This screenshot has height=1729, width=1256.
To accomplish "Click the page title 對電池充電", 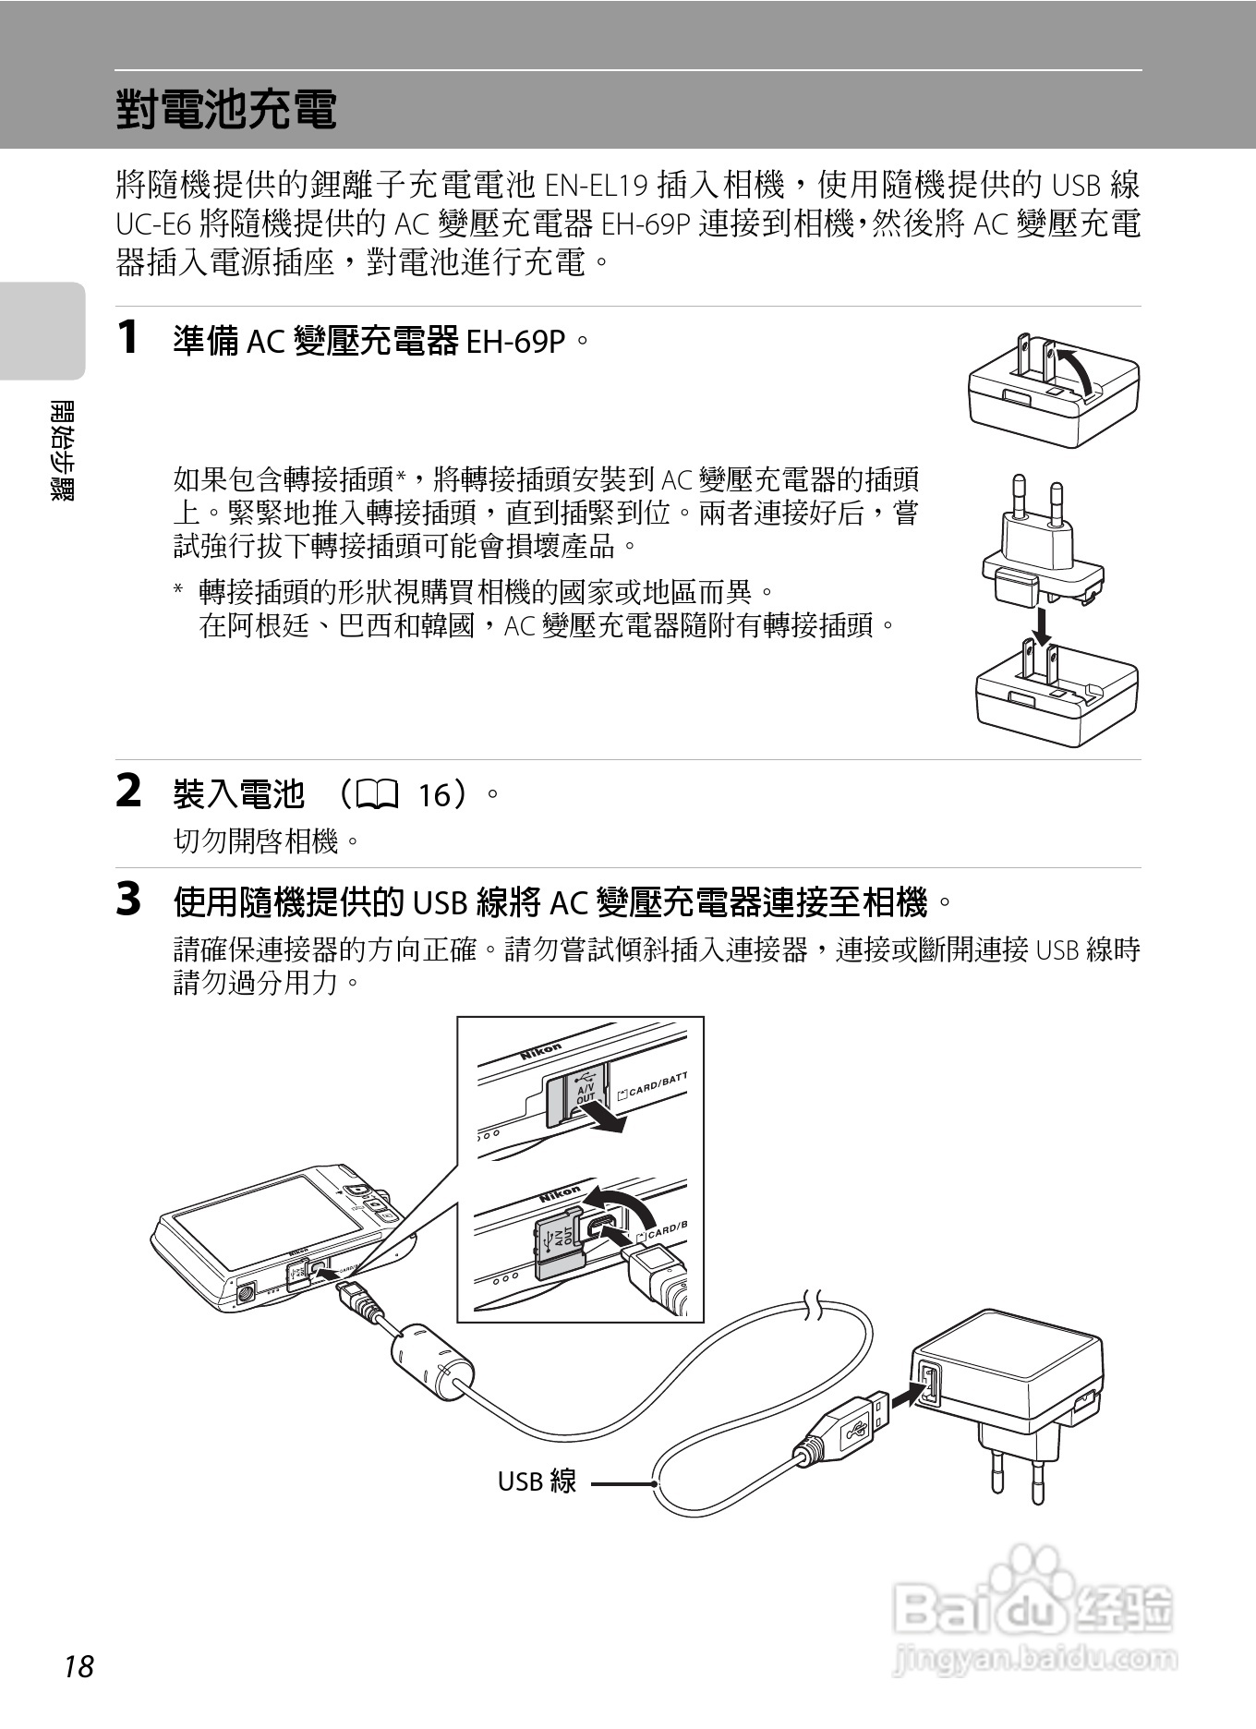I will coord(226,110).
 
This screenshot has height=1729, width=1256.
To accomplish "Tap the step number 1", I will coord(128,337).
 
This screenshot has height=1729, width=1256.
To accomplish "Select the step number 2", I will coord(128,792).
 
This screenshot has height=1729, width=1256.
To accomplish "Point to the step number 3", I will coord(128,900).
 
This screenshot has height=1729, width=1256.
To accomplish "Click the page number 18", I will coord(79,1667).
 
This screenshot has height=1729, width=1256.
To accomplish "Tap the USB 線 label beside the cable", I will coord(537,1481).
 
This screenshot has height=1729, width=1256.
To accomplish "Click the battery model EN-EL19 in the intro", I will coord(597,187).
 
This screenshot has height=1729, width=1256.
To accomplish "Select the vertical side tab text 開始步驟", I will coord(63,450).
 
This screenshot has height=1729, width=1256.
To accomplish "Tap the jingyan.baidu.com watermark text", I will coord(1035,1660).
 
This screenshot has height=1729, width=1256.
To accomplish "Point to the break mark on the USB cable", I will coord(815,1305).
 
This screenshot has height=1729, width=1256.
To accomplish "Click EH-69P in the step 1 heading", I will coord(515,343).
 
